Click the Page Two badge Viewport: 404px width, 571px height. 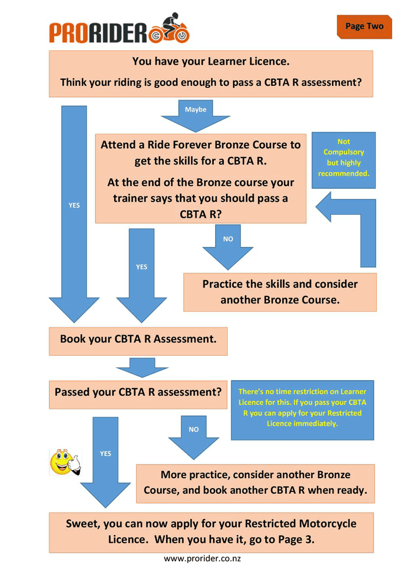(x=364, y=26)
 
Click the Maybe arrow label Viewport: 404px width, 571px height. (x=195, y=110)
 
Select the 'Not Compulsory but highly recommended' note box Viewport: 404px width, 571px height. (x=343, y=159)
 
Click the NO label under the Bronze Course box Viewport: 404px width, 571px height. (x=228, y=239)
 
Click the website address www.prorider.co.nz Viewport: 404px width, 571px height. (x=202, y=559)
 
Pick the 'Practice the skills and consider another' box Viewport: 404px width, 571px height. (x=280, y=292)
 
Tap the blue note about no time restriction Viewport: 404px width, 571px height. (x=302, y=409)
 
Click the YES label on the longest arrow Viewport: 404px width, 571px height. (x=74, y=205)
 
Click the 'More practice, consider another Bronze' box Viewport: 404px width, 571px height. (x=255, y=483)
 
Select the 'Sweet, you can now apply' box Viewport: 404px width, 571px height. (x=211, y=532)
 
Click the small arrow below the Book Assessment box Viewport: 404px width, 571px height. (x=142, y=368)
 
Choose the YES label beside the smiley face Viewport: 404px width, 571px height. (x=105, y=453)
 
